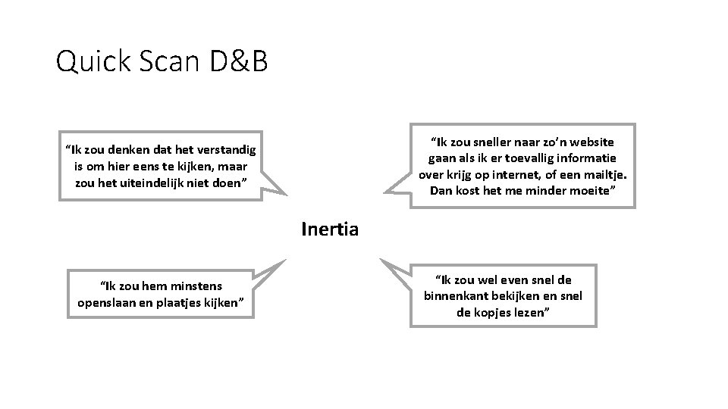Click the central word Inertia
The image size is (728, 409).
[329, 228]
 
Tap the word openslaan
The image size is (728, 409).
[105, 303]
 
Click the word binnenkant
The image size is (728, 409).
[457, 295]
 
